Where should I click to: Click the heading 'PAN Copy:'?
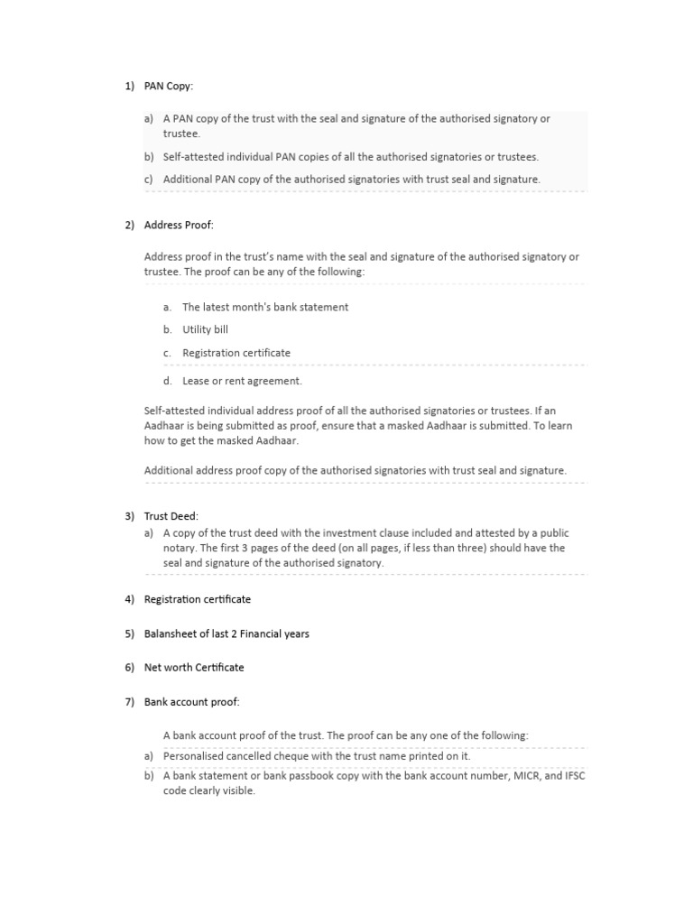click(x=169, y=87)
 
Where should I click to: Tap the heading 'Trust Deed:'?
click(x=171, y=517)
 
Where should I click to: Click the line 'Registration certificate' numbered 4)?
click(x=198, y=599)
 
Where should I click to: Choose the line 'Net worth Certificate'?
click(x=194, y=668)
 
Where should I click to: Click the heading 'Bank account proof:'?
click(x=192, y=702)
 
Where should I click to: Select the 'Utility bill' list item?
click(x=205, y=330)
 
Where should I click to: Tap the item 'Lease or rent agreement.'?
click(x=242, y=381)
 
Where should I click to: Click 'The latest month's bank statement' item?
click(x=265, y=307)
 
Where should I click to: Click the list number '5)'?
click(x=130, y=633)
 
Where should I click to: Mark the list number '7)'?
click(x=130, y=702)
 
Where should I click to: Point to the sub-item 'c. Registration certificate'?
click(x=236, y=353)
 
